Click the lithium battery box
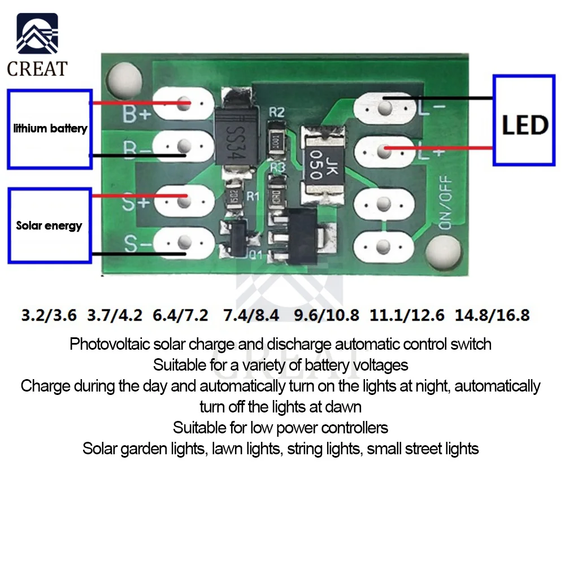point(50,129)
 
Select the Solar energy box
point(50,226)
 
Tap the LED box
point(524,120)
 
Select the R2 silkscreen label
point(276,112)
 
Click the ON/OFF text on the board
point(445,201)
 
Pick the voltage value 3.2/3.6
point(49,315)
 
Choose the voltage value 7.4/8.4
point(251,315)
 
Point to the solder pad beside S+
point(184,198)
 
